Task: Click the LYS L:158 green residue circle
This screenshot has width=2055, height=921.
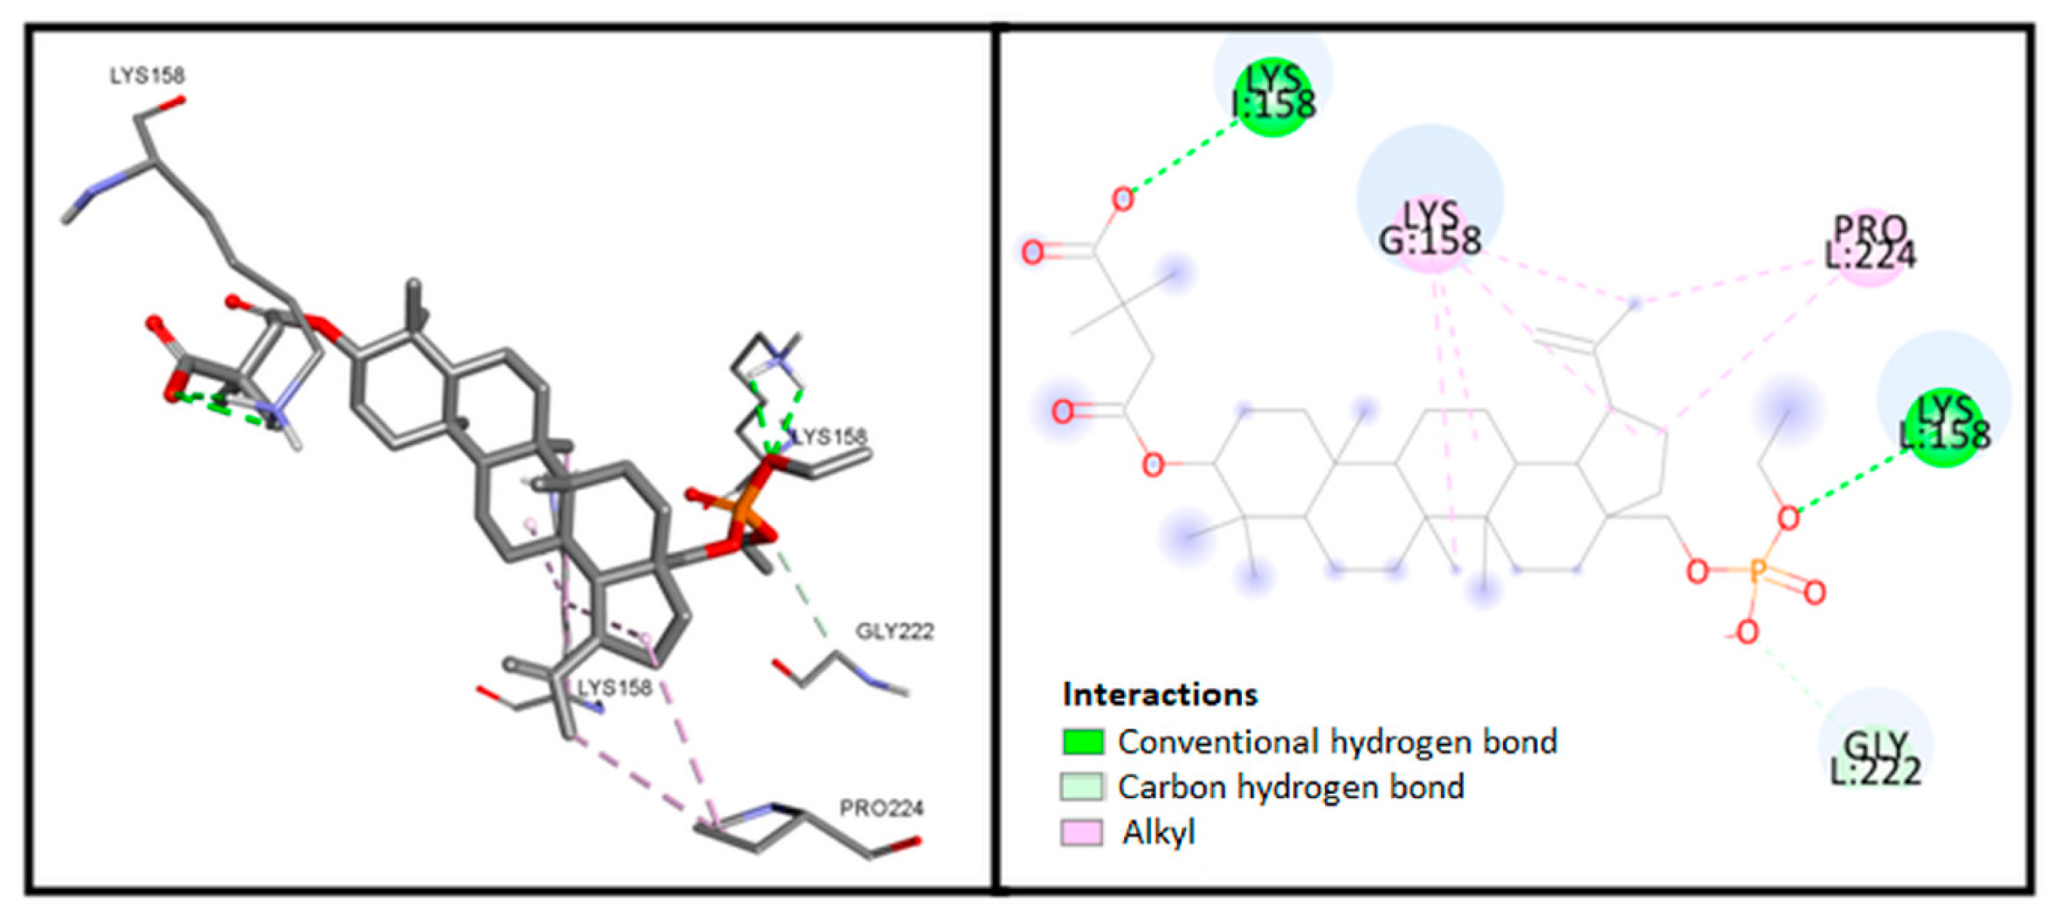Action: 1945,427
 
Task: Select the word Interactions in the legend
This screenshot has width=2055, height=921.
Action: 1160,694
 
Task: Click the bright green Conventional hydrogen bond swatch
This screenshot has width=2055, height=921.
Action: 1083,742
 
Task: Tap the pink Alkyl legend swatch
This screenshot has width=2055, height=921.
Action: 1083,832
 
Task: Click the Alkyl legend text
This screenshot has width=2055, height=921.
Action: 1158,832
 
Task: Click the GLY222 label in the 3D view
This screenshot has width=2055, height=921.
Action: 894,632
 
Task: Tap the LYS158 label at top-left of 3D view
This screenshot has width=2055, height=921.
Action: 148,76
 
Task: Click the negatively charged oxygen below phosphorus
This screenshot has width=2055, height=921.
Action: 1747,633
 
